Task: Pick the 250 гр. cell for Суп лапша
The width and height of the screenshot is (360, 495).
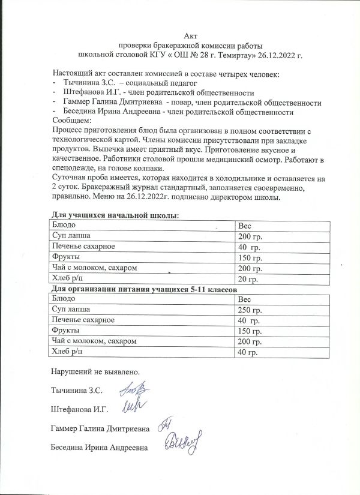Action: [251, 309]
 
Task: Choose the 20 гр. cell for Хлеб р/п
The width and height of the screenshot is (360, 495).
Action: [249, 279]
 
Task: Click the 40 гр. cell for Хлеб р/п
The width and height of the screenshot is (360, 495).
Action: [249, 352]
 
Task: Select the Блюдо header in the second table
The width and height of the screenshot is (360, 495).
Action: [64, 298]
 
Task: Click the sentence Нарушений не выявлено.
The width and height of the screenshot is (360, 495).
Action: [96, 372]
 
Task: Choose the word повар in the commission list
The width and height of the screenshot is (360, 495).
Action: [183, 102]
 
